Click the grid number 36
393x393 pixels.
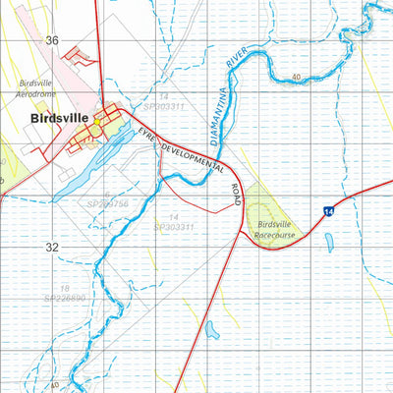click(51, 40)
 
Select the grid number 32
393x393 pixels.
click(51, 248)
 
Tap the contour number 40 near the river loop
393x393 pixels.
click(296, 77)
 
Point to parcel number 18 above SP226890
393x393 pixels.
click(64, 287)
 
